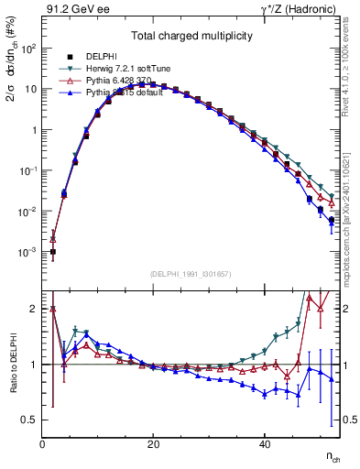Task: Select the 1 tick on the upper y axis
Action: pyautogui.click(x=33, y=130)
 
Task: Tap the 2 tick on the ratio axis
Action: pyautogui.click(x=33, y=309)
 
